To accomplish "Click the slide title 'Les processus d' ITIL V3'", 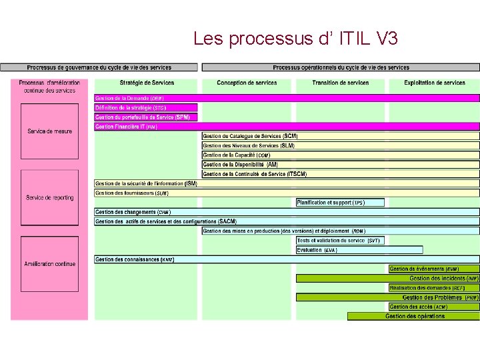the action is (x=295, y=39).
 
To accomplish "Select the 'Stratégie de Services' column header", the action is (x=147, y=83).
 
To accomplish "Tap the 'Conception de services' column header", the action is (x=247, y=83).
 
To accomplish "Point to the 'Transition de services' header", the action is (x=340, y=83).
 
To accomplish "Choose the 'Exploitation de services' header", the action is (x=435, y=83).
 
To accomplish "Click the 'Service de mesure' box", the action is (x=49, y=131).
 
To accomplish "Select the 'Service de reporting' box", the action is (x=49, y=197).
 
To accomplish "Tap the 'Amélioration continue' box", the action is (x=49, y=264).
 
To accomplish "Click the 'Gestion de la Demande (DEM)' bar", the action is (x=287, y=98).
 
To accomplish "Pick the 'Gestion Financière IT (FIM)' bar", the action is (x=287, y=127).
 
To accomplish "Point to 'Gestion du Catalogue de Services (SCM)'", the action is (x=340, y=136).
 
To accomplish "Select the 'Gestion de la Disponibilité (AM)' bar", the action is (x=340, y=165).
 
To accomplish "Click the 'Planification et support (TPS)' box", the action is (x=340, y=203).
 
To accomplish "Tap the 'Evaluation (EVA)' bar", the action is (x=359, y=250).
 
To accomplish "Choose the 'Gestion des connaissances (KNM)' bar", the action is (x=287, y=259).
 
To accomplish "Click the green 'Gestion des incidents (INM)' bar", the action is (x=387, y=279).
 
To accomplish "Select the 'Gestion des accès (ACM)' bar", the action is (x=433, y=307).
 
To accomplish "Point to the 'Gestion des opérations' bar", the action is (x=413, y=317).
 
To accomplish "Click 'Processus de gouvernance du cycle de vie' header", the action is (x=99, y=67).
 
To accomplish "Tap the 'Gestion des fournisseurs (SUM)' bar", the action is (x=287, y=193).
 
